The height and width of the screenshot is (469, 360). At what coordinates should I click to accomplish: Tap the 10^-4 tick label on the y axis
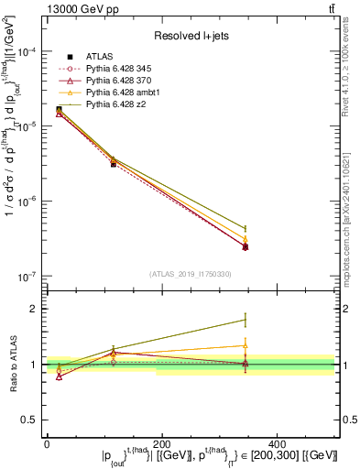(x=27, y=52)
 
